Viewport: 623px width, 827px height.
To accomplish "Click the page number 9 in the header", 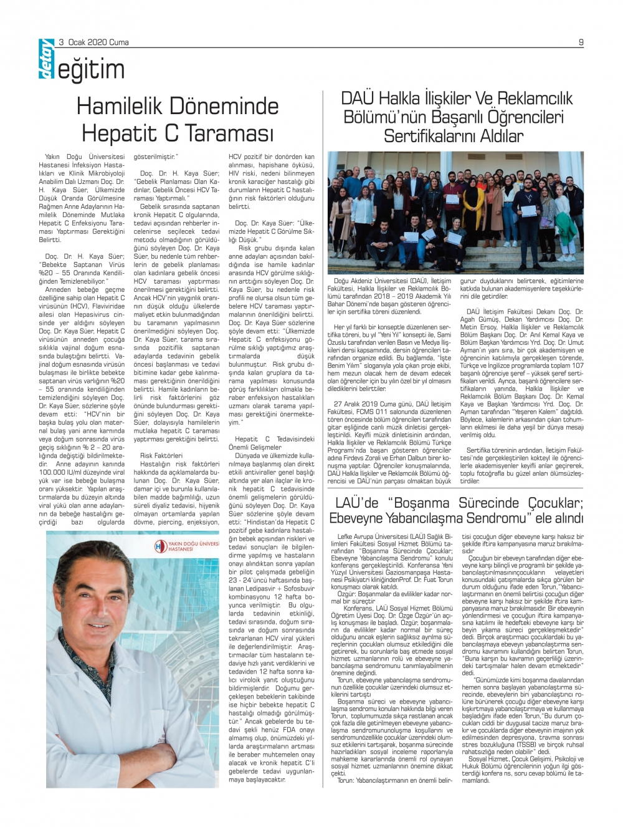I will pyautogui.click(x=581, y=42).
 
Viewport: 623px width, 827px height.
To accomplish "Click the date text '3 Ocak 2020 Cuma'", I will pyautogui.click(x=94, y=42).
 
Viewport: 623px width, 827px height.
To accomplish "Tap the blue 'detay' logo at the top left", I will pyautogui.click(x=46, y=60).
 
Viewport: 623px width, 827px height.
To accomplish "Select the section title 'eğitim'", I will pyautogui.click(x=91, y=70).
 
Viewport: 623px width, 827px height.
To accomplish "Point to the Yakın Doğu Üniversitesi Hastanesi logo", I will pyautogui.click(x=187, y=547).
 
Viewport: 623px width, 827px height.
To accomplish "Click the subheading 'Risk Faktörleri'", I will pyautogui.click(x=161, y=455).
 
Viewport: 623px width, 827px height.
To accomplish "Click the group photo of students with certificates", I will pyautogui.click(x=455, y=212).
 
